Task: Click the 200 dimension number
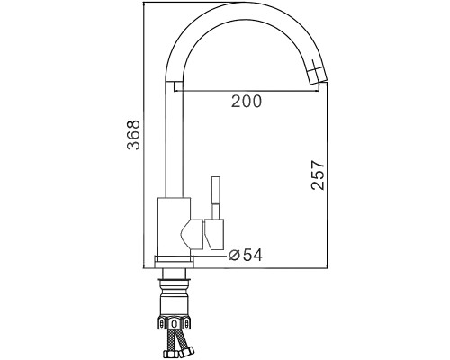coord(247,101)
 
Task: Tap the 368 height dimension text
coord(133,135)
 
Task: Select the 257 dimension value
coord(318,175)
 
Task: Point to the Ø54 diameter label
coord(246,255)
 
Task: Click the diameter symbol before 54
coord(234,256)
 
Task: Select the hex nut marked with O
coord(175,323)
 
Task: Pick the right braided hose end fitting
coord(187,351)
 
